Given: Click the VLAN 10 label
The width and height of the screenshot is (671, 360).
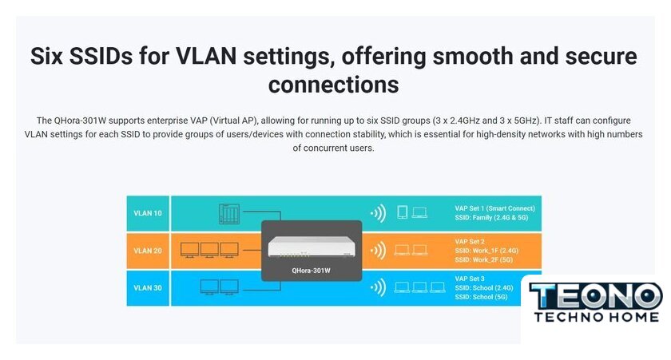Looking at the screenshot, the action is pos(148,213).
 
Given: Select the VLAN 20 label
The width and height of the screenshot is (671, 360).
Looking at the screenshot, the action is pos(148,251).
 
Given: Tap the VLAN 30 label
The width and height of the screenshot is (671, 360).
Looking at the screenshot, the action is pos(148,287).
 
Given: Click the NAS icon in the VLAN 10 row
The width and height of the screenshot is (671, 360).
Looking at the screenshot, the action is pos(229,214).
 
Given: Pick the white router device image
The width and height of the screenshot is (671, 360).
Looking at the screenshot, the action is pos(312,247).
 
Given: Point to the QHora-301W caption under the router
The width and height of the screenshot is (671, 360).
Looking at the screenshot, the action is pos(311,271).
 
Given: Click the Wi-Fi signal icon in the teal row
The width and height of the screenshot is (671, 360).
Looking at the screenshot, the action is pos(379,213).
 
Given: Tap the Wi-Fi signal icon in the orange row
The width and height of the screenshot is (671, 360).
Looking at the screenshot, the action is pos(379,251).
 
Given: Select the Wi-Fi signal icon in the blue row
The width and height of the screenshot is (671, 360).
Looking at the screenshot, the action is pos(379,287).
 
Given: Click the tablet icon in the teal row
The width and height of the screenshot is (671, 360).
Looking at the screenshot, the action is pos(403,212).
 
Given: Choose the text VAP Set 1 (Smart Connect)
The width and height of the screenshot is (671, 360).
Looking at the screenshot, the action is pos(494,208).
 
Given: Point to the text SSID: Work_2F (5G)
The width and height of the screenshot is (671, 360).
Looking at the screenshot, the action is pos(483,259).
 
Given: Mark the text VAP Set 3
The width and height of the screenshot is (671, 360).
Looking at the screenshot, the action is pos(470,279).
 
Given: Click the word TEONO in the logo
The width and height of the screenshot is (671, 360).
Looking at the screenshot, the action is pos(596,296).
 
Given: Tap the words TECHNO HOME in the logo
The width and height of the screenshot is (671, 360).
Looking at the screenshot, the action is pos(597,317).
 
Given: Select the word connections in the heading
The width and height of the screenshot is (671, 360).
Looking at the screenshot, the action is pos(333,85).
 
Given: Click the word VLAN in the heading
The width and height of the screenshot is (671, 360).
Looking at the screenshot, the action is pos(206,57).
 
